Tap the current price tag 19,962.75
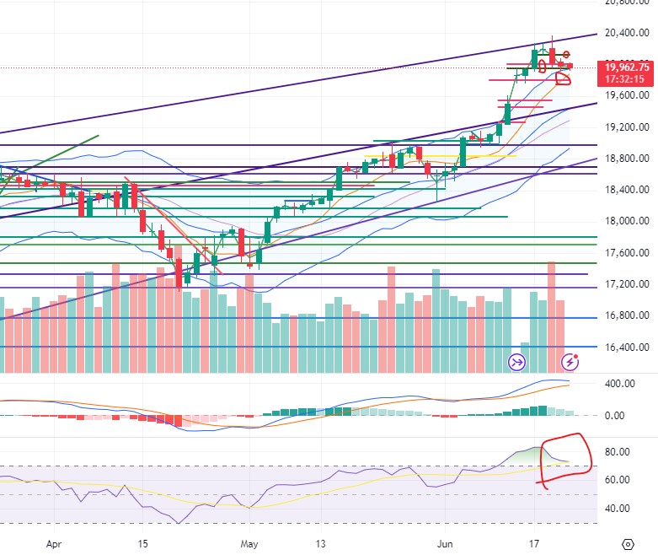pos(627,67)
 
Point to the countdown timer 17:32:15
pos(627,79)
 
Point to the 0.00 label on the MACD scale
pos(614,416)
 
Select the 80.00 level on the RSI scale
pos(618,452)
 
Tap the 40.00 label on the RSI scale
pos(618,509)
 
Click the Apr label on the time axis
pos(55,545)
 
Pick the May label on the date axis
pos(248,545)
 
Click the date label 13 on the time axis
pos(321,545)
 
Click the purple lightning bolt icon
pos(570,362)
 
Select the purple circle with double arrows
pos(516,363)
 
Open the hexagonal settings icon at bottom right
pos(629,544)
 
